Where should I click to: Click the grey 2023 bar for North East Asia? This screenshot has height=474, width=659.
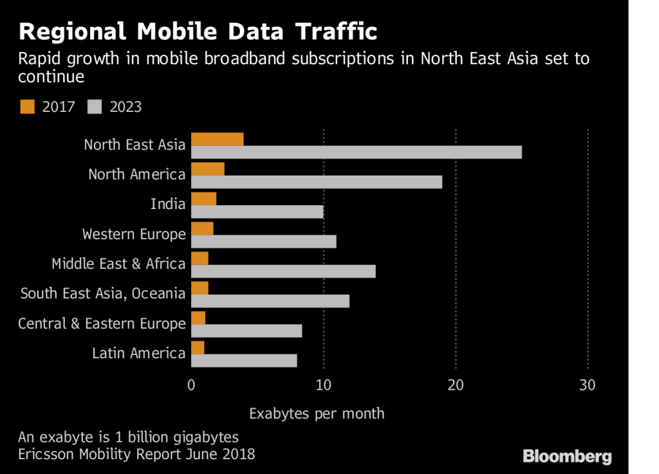coord(357,152)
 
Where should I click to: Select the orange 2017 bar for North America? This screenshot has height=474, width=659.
coord(208,169)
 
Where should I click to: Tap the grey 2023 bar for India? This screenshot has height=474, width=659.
coord(257,212)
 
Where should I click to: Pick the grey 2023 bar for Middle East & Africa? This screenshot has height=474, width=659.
coord(283,271)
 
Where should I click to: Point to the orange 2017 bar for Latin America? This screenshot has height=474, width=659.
coord(198,348)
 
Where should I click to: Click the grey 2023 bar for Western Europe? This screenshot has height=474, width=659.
coord(264,242)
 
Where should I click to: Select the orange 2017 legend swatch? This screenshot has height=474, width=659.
coord(27,107)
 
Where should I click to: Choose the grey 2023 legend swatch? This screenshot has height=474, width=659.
coord(95,107)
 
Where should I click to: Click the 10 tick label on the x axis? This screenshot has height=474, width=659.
coord(324,385)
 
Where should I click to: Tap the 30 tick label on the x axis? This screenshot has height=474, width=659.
coord(588,385)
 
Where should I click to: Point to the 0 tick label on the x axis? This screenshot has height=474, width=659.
coord(191,385)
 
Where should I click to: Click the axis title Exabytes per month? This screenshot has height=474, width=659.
coord(317,413)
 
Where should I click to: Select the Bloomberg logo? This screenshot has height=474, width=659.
coord(567,457)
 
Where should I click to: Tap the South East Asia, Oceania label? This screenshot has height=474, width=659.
coord(103,294)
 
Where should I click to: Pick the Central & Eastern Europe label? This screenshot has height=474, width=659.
coord(102,324)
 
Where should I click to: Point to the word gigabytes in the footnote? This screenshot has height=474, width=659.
coord(203,437)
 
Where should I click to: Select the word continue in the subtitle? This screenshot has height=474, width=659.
coord(51,77)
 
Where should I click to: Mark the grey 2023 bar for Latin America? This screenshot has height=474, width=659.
coord(244,360)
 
